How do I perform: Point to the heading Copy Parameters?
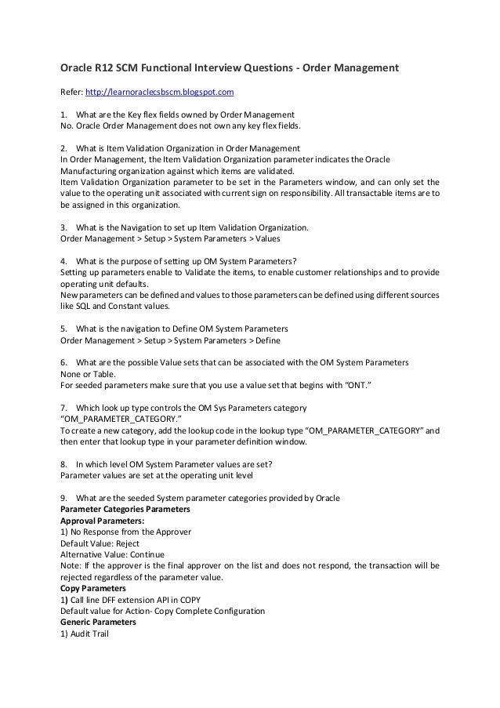pos(97,587)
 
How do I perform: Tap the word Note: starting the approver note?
pos(72,565)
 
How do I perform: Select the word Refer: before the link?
pos(73,93)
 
